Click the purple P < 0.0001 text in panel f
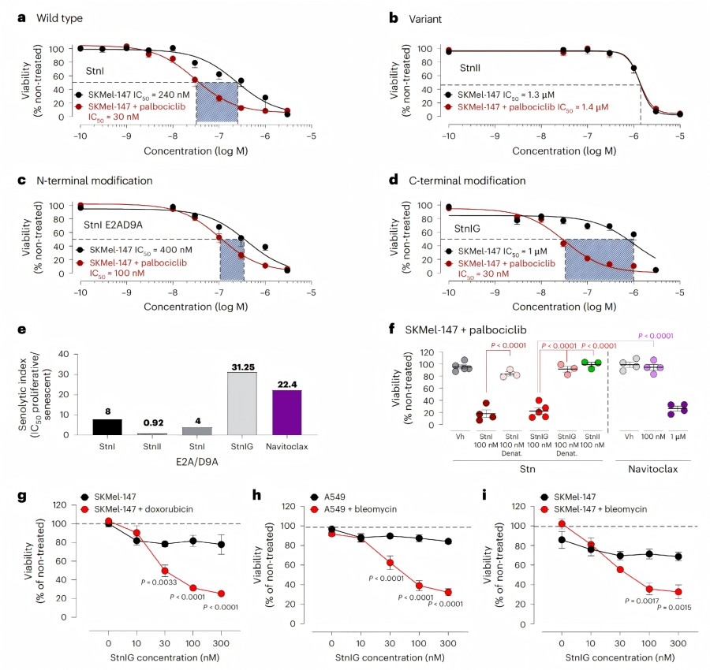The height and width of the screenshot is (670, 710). [x=646, y=333]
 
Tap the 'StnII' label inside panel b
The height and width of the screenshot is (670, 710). [x=471, y=69]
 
